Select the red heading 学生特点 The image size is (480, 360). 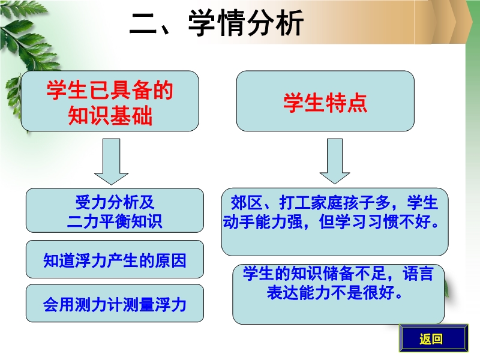325,102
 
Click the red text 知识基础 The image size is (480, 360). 110,115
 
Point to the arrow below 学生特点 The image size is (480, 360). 335,161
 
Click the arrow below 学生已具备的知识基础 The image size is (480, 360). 111,161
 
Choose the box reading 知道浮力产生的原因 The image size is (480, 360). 115,259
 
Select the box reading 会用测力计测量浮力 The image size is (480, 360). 115,303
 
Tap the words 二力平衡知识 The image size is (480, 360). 115,221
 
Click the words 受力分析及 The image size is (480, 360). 115,202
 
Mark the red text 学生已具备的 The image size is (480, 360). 110,91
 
